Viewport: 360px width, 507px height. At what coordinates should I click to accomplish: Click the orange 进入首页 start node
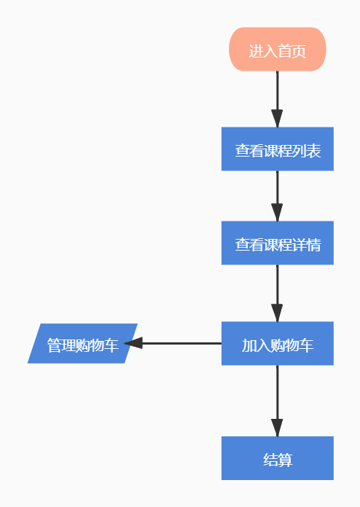277,50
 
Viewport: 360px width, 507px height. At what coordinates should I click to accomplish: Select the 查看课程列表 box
277,149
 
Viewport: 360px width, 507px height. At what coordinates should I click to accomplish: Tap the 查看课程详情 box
277,243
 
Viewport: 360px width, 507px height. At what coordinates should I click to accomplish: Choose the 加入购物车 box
277,343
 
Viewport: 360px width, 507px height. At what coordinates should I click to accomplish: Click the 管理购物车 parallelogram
82,343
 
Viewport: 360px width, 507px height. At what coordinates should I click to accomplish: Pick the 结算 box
277,458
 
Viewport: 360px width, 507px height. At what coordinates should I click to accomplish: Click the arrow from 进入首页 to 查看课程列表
277,95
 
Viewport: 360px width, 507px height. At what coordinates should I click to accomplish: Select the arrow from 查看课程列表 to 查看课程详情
277,193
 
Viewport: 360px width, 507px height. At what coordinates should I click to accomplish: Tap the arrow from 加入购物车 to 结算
277,397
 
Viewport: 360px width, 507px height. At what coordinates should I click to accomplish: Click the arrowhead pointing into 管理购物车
133,343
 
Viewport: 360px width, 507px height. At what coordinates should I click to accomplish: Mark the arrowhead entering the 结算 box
277,428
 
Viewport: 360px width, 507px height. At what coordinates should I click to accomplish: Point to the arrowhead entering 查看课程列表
277,119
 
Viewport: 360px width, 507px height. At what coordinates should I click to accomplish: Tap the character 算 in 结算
285,460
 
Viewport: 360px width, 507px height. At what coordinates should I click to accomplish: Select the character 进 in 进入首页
256,51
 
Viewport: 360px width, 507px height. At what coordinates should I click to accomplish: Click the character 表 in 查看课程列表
313,152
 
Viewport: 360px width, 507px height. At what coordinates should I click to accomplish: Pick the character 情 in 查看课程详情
313,245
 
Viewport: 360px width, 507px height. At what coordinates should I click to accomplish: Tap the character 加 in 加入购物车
249,345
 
